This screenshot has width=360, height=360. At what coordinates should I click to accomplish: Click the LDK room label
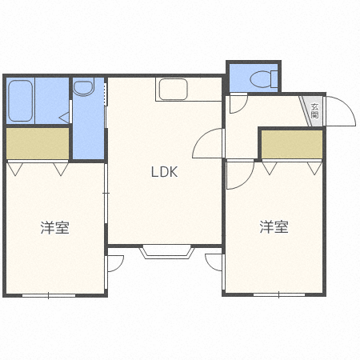tap(165, 171)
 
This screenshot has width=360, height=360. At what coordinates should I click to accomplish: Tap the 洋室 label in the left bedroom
tap(55, 228)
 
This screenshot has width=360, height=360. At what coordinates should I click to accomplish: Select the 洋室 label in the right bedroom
tap(274, 228)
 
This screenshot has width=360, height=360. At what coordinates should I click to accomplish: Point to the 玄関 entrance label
tap(315, 110)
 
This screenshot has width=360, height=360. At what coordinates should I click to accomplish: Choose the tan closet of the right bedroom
tap(292, 144)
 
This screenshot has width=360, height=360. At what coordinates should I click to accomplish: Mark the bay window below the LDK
tap(166, 251)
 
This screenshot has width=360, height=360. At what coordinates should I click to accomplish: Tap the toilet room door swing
tap(238, 103)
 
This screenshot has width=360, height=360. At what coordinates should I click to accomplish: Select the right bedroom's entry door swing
tap(239, 174)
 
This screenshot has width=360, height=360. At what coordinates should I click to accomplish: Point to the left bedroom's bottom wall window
tap(48, 295)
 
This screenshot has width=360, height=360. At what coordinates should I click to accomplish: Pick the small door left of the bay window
tap(115, 262)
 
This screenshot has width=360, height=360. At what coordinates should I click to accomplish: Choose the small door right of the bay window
tap(214, 262)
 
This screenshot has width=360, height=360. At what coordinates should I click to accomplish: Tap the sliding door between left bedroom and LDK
tap(106, 192)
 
